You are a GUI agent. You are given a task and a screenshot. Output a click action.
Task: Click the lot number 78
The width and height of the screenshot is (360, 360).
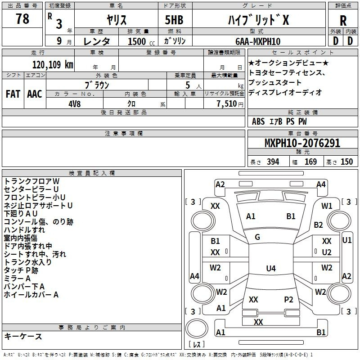click(x=22, y=18)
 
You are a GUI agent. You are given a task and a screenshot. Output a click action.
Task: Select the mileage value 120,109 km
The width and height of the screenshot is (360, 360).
click(x=53, y=65)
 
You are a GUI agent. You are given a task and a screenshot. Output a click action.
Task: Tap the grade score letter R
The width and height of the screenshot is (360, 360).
click(x=343, y=21)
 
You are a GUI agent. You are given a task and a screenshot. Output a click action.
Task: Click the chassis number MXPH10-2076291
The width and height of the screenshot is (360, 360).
click(x=302, y=143)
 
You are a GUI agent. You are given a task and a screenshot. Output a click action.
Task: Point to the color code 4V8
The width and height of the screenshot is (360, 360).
click(x=75, y=104)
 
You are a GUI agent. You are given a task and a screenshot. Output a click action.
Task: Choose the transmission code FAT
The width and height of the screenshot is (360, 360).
click(x=13, y=94)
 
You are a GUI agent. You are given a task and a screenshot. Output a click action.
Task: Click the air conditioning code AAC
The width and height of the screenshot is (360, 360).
click(x=35, y=94)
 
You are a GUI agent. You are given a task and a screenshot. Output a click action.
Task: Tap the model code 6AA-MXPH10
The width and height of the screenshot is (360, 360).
click(x=258, y=41)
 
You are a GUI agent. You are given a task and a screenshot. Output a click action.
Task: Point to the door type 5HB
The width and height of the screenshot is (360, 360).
click(x=174, y=20)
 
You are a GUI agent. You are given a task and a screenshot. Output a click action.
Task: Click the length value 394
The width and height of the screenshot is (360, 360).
click(x=273, y=162)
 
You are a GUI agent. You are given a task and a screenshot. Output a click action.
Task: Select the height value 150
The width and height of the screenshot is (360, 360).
click(x=346, y=162)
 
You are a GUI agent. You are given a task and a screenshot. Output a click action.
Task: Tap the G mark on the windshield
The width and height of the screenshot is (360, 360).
click(x=257, y=237)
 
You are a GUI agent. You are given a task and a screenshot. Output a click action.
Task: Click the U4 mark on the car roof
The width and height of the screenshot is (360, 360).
click(x=271, y=268)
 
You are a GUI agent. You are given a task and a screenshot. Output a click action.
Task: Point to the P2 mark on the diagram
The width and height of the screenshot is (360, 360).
click(x=288, y=299)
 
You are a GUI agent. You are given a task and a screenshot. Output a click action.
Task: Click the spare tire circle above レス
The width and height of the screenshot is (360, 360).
click(x=197, y=328)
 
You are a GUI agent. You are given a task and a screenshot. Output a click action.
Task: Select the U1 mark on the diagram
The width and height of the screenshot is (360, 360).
click(x=347, y=240)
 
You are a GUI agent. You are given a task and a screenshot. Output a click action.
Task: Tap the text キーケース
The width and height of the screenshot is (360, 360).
click(x=23, y=336)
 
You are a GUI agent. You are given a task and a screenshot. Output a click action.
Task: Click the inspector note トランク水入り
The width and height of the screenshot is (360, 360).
click(x=27, y=262)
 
